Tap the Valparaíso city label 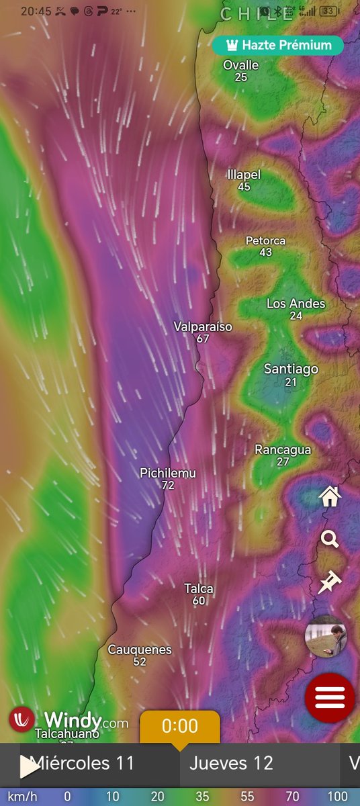(x=203, y=327)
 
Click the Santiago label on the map (x=291, y=369)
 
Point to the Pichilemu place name (x=168, y=473)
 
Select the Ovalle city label (x=241, y=65)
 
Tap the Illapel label (x=244, y=175)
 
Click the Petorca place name (x=265, y=240)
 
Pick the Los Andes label (x=296, y=304)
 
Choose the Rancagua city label (x=283, y=450)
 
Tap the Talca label (x=199, y=589)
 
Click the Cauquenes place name (x=140, y=650)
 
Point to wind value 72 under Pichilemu (x=168, y=485)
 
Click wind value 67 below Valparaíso (x=203, y=339)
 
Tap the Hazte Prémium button (x=278, y=46)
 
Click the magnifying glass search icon (x=330, y=539)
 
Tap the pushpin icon (x=330, y=582)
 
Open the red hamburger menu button (x=330, y=697)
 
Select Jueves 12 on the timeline (x=231, y=763)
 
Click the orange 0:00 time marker (x=180, y=727)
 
